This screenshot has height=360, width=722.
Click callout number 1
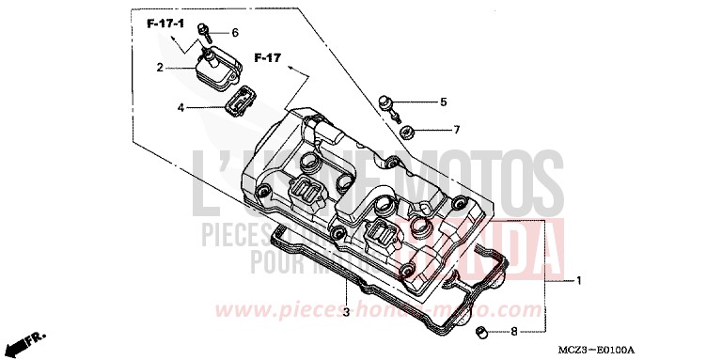(x=580, y=280)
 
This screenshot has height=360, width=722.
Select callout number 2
(x=160, y=68)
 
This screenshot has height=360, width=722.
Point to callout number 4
(x=180, y=107)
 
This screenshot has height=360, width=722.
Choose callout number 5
(x=443, y=102)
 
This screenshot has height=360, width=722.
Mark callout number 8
(x=513, y=331)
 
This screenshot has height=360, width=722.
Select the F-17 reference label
(x=268, y=59)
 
